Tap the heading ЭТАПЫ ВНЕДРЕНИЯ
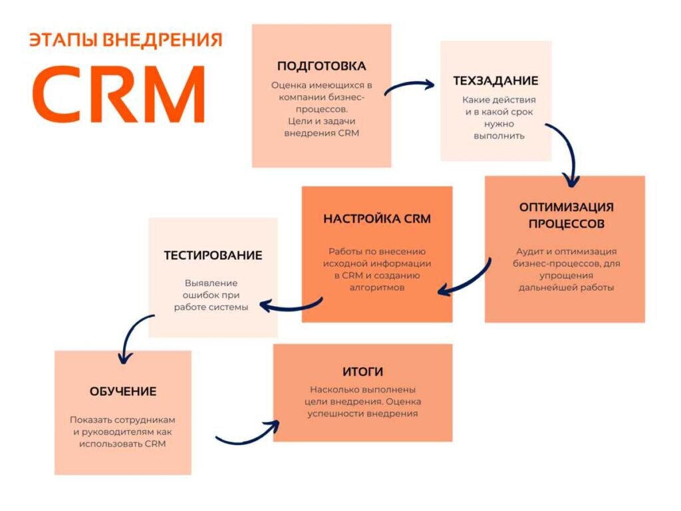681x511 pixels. pos(125,40)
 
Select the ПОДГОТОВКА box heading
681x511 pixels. pos(321,66)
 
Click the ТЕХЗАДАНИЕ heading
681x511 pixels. pos(495,81)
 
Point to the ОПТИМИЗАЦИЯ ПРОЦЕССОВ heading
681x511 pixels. pos(566,215)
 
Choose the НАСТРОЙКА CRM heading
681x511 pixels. pos(377,219)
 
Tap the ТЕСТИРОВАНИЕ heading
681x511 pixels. pos(213,255)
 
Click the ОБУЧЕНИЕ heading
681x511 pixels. pos(123,391)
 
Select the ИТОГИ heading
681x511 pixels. pos(362,371)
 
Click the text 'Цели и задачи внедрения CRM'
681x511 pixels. pos(321,127)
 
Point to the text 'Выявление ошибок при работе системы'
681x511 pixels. pos(211,295)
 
